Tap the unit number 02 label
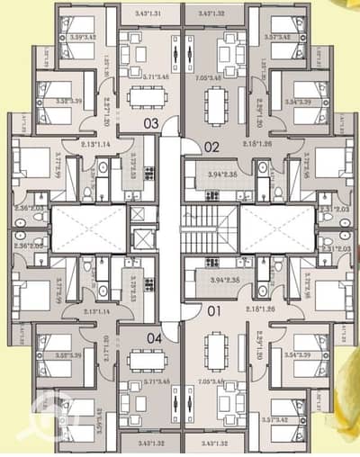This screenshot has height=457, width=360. [x=212, y=145]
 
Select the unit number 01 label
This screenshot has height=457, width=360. [x=212, y=311]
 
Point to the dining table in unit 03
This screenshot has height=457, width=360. [x=143, y=98]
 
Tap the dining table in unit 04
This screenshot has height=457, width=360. [x=143, y=360]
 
